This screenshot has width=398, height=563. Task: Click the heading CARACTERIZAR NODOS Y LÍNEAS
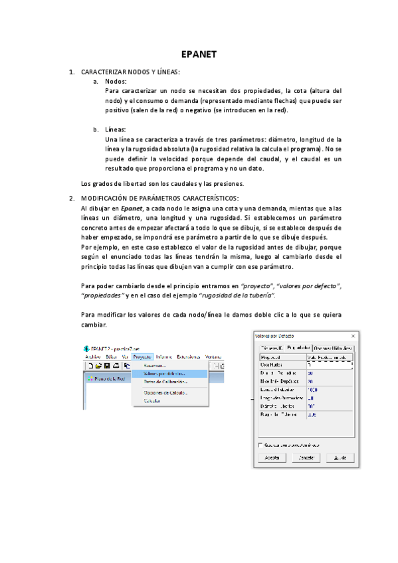(130, 71)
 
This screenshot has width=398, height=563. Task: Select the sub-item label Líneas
(116, 129)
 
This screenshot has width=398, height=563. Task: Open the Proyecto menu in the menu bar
(142, 357)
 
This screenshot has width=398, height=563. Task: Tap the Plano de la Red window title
(107, 379)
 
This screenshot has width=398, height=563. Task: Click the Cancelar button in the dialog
(306, 458)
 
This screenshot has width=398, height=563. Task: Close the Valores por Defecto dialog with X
(355, 336)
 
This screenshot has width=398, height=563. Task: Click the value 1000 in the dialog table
(313, 390)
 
